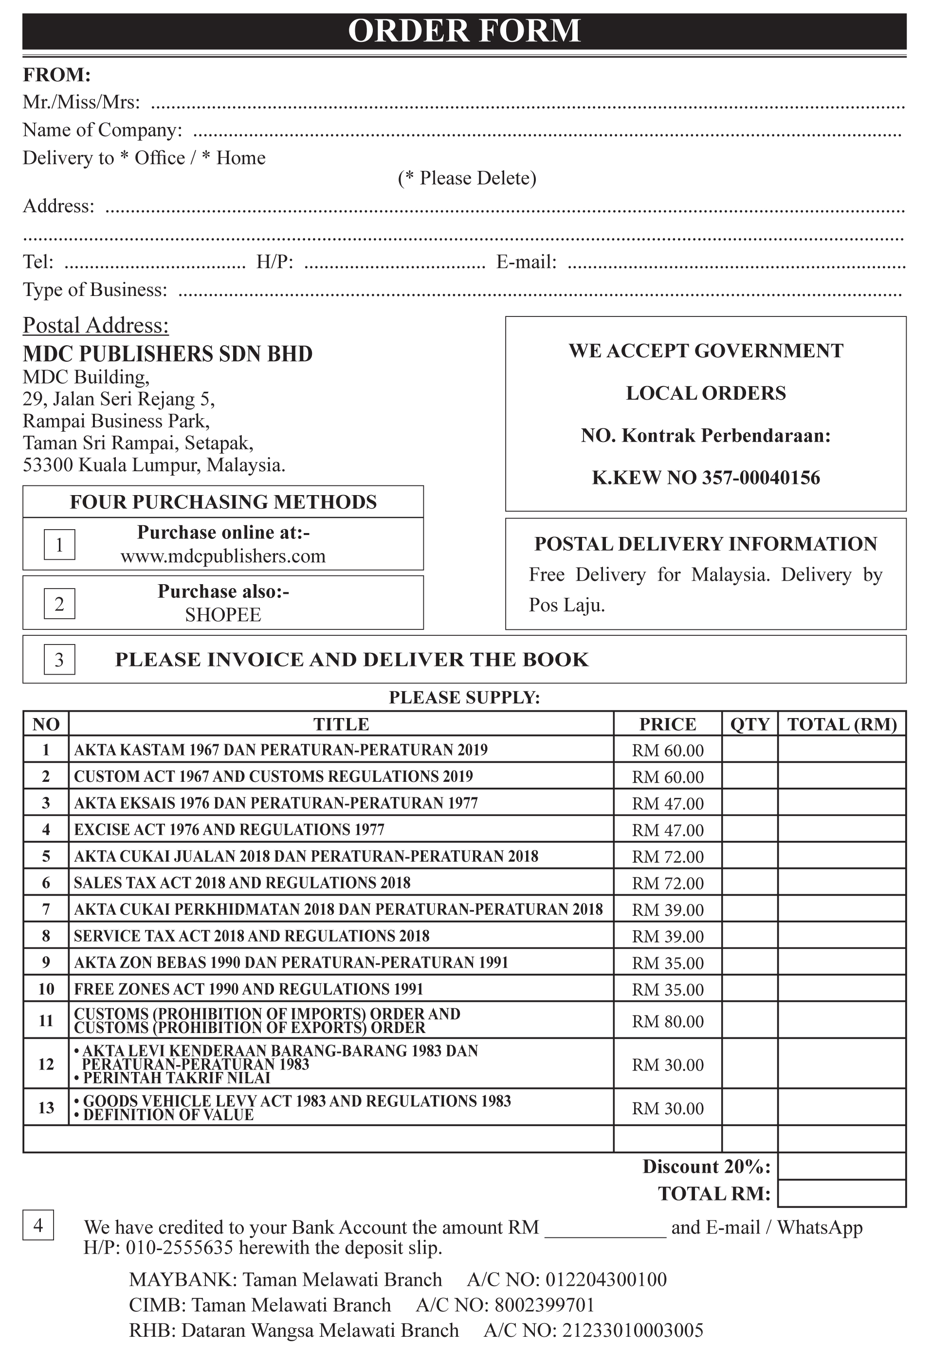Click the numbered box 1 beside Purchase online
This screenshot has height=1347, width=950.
click(x=59, y=544)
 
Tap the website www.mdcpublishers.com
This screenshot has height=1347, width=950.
click(x=223, y=556)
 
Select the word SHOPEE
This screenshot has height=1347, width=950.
click(x=223, y=615)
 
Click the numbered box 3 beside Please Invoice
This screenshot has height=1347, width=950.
click(x=59, y=660)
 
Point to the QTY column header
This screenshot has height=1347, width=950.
click(x=749, y=724)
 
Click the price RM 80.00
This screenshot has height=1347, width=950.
click(x=667, y=1021)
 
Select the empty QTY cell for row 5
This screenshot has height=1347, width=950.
click(x=749, y=856)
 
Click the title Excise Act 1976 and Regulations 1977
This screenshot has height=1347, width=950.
click(x=229, y=830)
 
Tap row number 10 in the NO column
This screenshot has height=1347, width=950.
click(x=46, y=989)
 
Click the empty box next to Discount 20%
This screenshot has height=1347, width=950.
click(x=841, y=1166)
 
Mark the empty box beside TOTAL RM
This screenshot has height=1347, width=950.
click(x=841, y=1193)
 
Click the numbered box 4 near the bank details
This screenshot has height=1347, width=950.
click(x=38, y=1225)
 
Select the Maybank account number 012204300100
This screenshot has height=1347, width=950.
click(x=606, y=1279)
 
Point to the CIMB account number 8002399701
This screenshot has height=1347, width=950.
click(x=544, y=1305)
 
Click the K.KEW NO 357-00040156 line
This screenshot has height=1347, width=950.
click(x=706, y=478)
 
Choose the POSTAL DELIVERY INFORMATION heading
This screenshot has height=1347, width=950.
click(x=706, y=544)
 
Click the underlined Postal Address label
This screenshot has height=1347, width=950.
click(x=95, y=326)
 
